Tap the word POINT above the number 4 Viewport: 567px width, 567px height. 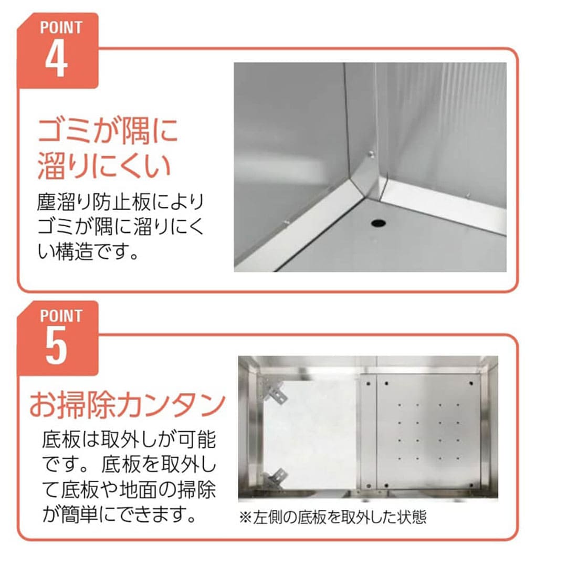(x=61, y=28)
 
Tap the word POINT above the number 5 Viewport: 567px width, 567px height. (x=61, y=316)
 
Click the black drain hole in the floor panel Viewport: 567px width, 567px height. (x=378, y=223)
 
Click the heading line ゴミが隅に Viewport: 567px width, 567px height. (x=108, y=130)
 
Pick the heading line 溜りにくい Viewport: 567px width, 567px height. (x=104, y=166)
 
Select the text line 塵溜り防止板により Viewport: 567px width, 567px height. (x=121, y=203)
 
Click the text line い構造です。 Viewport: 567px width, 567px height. (x=88, y=251)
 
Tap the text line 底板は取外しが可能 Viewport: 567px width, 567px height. (x=129, y=440)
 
